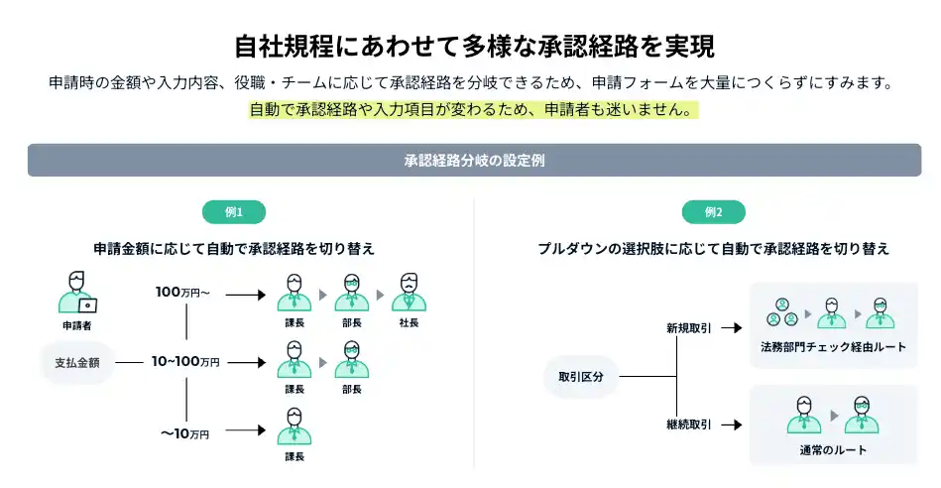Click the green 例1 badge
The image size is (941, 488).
tap(234, 212)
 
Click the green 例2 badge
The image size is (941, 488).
tap(713, 212)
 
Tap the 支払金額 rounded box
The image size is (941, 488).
tap(78, 363)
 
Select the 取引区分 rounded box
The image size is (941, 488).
tap(581, 377)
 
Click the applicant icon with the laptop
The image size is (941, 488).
tap(77, 293)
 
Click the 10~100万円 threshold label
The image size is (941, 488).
tap(185, 363)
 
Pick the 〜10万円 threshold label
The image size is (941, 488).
tap(185, 433)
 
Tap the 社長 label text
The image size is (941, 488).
tap(409, 324)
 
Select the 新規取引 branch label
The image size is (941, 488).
tap(688, 327)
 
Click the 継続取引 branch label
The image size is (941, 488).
tap(688, 425)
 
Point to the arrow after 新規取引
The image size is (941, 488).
tap(732, 327)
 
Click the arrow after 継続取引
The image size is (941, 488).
tap(732, 425)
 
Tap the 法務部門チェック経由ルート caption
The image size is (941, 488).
tap(833, 347)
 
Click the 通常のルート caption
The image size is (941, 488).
tap(833, 450)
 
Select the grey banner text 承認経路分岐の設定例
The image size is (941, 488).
tap(474, 160)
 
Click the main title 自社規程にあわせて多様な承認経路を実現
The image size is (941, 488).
tap(474, 47)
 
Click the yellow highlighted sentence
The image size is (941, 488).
tap(470, 110)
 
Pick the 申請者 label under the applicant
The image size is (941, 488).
tap(77, 324)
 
